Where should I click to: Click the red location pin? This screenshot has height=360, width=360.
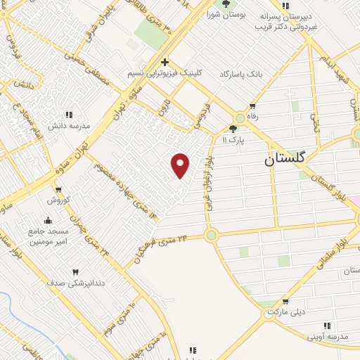[181, 165]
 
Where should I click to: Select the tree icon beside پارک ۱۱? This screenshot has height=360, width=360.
[233, 128]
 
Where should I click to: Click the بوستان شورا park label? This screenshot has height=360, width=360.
[225, 14]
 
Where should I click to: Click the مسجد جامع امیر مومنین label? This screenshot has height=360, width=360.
[49, 236]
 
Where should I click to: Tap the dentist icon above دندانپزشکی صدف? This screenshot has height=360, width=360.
[75, 271]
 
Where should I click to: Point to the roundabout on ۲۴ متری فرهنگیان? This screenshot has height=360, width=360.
[210, 236]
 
